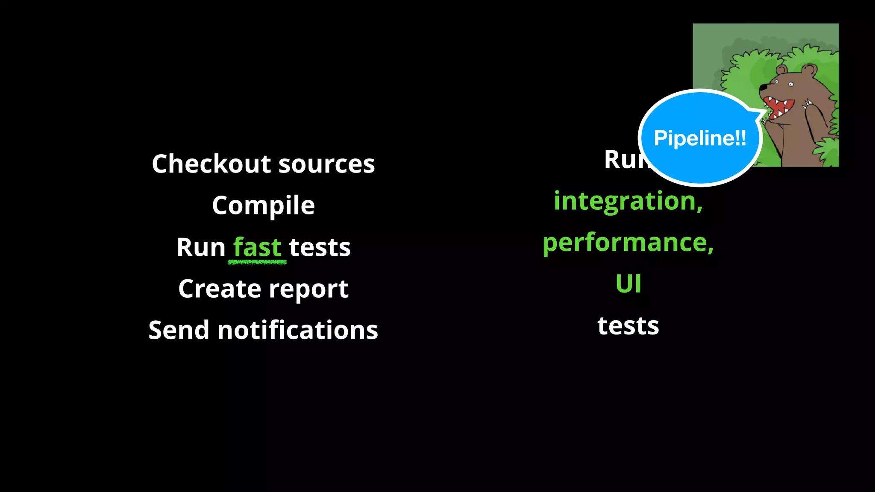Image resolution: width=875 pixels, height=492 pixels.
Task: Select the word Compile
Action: [x=263, y=206]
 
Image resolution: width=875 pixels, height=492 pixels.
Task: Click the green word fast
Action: [x=257, y=247]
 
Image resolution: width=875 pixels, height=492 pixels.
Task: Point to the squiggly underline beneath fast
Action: [x=257, y=262]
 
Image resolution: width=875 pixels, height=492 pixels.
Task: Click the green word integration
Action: [x=628, y=201]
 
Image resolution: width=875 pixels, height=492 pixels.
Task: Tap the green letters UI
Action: [x=628, y=284]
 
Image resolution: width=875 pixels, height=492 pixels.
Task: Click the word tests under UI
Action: [x=628, y=326]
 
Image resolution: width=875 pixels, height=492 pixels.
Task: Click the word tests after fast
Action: [x=320, y=248]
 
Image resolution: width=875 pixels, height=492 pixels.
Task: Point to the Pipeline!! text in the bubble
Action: [x=700, y=138]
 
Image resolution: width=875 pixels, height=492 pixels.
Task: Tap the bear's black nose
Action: [x=763, y=88]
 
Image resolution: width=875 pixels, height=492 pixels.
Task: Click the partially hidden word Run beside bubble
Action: [x=624, y=160]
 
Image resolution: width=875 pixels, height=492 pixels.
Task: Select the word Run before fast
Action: [x=201, y=248]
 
